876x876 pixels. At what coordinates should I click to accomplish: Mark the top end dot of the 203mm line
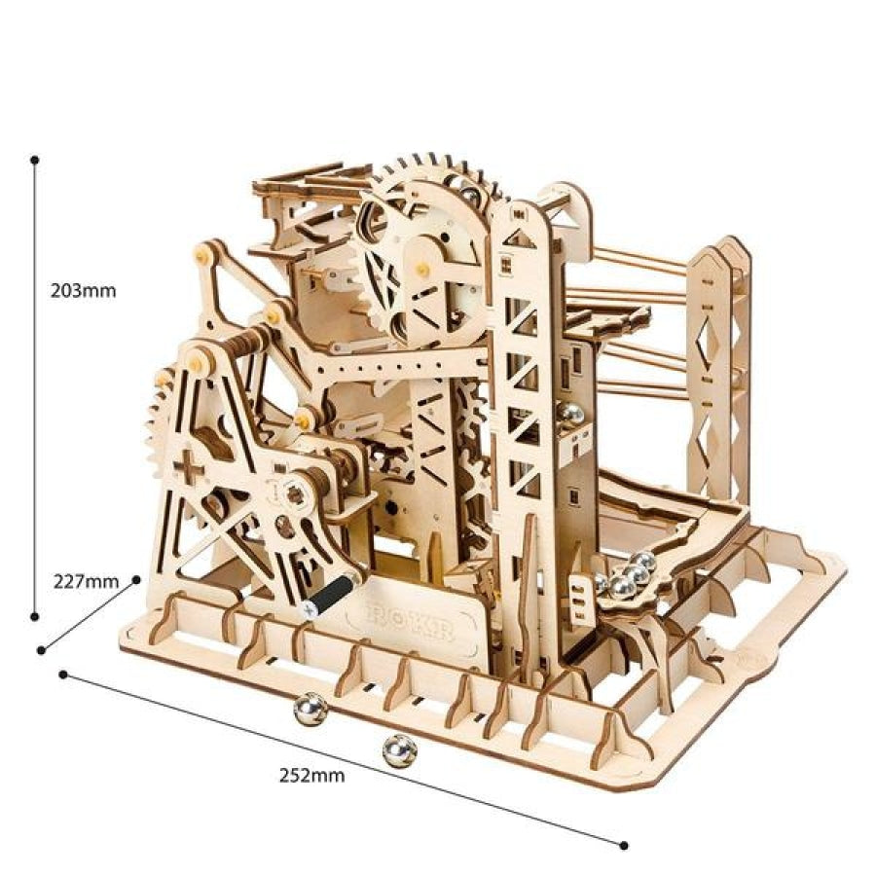coord(35,159)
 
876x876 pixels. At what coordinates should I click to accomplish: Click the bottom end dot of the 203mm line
coord(35,615)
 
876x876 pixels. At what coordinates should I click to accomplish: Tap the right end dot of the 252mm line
coord(623,843)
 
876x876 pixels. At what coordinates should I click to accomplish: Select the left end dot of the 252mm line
coord(63,673)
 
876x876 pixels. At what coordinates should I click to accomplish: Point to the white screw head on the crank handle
coord(309,607)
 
